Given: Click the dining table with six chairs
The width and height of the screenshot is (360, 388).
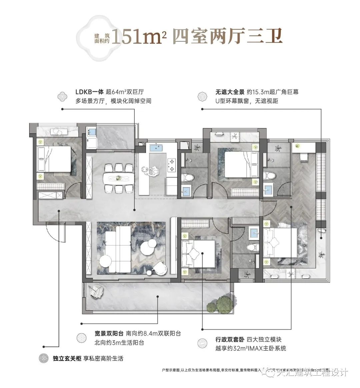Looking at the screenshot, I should click(118, 178).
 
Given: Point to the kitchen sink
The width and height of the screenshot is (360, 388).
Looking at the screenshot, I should click(155, 147).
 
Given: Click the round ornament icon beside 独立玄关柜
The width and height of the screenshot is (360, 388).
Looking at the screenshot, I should click(44, 359).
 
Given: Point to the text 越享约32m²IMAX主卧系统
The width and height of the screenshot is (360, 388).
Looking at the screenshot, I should click(251, 349).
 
